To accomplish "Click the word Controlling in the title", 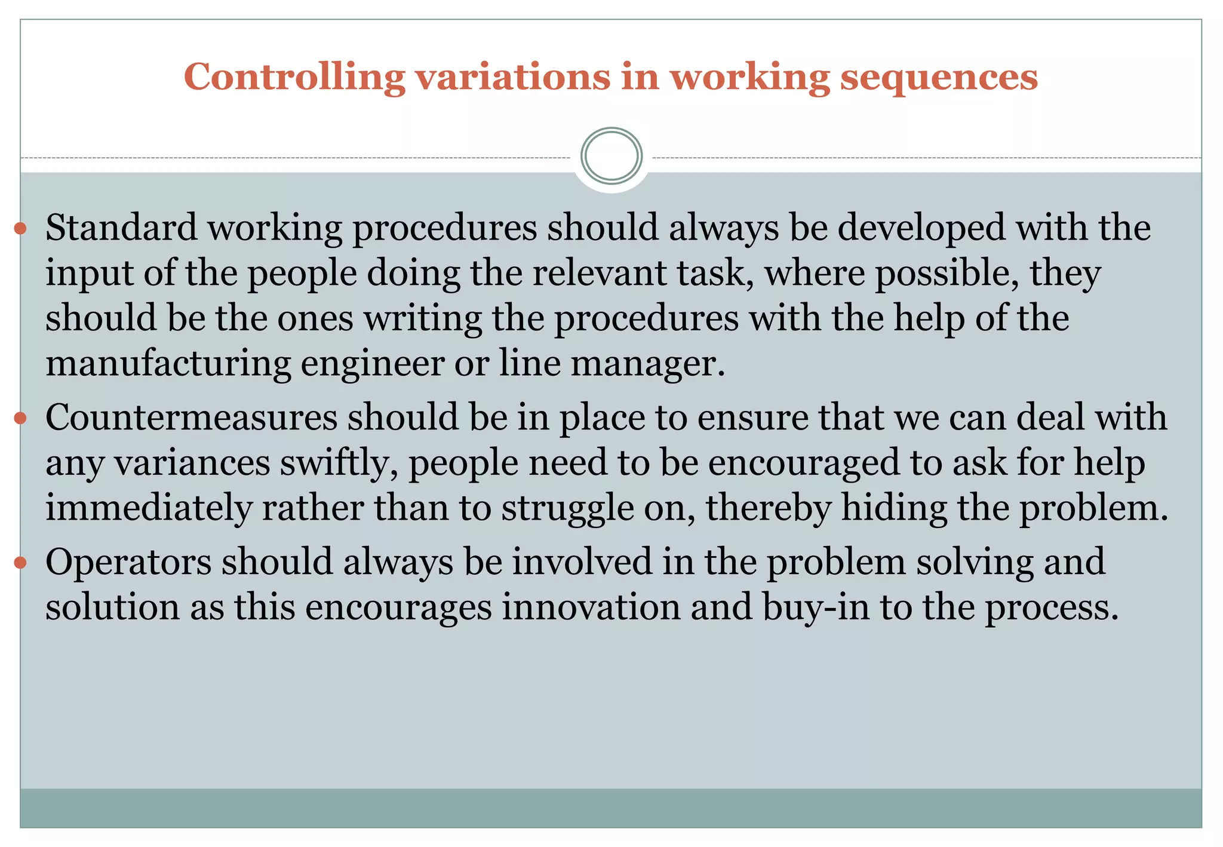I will [x=294, y=78].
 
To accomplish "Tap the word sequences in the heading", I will [x=939, y=78].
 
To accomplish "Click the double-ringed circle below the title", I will [x=611, y=156].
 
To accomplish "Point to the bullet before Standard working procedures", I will [x=21, y=228].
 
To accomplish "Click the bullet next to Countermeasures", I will [x=21, y=418].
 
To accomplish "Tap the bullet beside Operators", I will [x=21, y=562].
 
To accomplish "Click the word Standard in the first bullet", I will [x=121, y=228].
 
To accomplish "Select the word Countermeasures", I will [x=192, y=417].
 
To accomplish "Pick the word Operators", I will [x=128, y=562].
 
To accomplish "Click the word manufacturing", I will [x=168, y=363].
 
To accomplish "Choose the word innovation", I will [x=591, y=607].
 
